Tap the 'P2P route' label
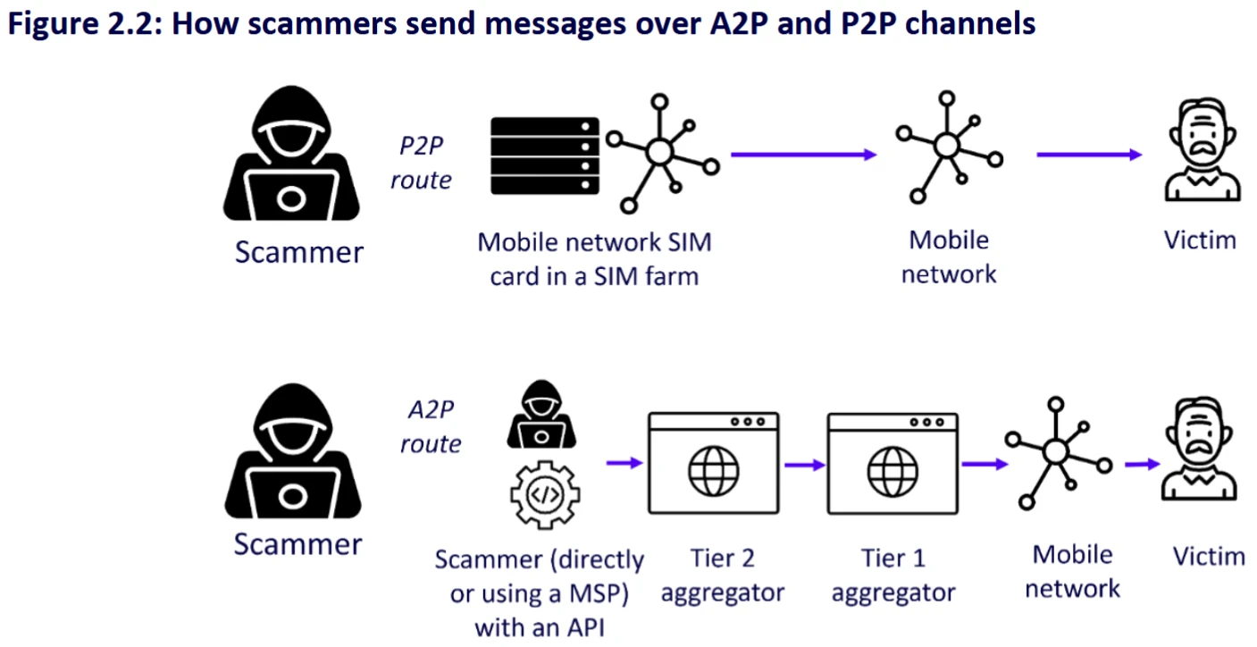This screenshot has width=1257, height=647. pyautogui.click(x=421, y=162)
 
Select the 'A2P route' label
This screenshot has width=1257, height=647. pyautogui.click(x=431, y=426)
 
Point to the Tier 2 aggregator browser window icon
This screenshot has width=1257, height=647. pyautogui.click(x=713, y=463)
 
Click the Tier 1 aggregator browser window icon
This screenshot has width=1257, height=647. pyautogui.click(x=892, y=463)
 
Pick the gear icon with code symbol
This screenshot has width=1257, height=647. pyautogui.click(x=544, y=494)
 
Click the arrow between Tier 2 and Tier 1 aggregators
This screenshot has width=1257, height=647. pyautogui.click(x=803, y=465)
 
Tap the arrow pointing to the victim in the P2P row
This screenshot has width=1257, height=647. pyautogui.click(x=1088, y=155)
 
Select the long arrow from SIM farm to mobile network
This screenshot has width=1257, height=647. pyautogui.click(x=803, y=155)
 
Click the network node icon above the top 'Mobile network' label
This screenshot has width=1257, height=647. pyautogui.click(x=947, y=147)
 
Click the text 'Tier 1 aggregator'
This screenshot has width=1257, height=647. pyautogui.click(x=892, y=576)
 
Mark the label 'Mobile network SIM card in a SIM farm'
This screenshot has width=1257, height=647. pyautogui.click(x=594, y=258)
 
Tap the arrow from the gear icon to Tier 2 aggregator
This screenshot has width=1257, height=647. pyautogui.click(x=624, y=463)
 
